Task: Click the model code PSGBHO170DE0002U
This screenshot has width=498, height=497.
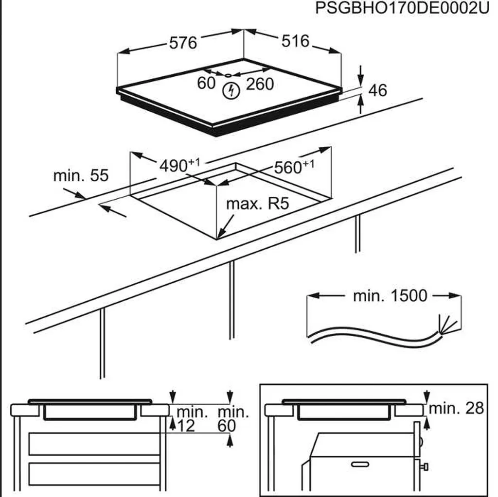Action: (x=402, y=8)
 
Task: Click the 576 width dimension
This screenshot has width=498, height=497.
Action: (x=183, y=43)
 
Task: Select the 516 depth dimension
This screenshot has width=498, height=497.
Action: (x=295, y=41)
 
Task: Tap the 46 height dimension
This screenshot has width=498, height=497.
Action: (x=377, y=90)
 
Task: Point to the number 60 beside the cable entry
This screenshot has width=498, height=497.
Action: (x=206, y=84)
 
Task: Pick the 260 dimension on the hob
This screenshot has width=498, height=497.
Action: (x=260, y=85)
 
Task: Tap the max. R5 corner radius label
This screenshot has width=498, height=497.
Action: (x=257, y=204)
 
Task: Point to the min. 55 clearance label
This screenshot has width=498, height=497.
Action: (x=81, y=175)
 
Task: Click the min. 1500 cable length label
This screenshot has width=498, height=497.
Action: (x=390, y=295)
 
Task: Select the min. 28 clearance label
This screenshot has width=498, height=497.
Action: (x=456, y=409)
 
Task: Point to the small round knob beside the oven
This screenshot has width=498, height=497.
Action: (x=425, y=467)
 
